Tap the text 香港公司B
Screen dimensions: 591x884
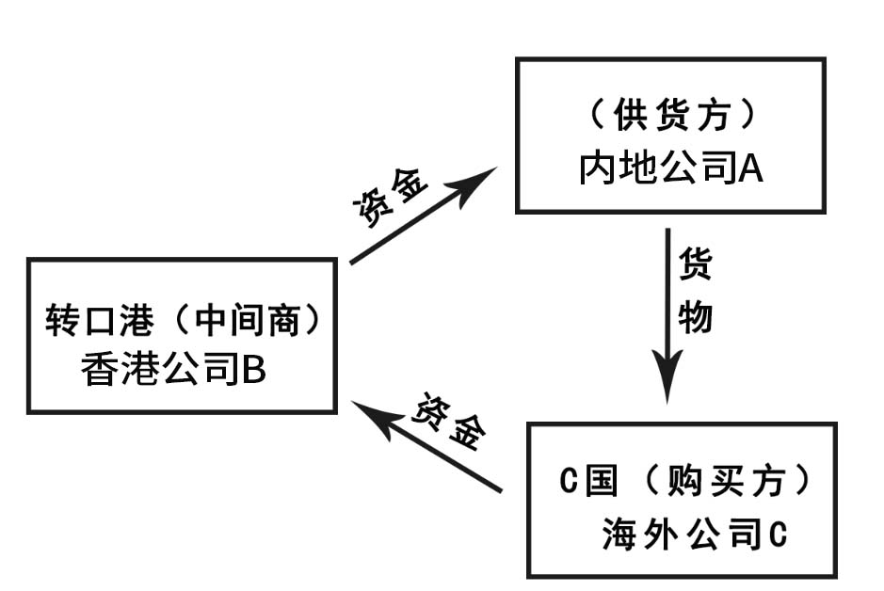click(x=174, y=370)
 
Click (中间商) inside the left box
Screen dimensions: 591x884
click(x=247, y=321)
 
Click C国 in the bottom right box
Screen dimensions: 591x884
click(x=589, y=481)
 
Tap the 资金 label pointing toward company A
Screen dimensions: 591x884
click(x=391, y=195)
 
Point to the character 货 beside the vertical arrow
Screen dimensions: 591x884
click(x=696, y=264)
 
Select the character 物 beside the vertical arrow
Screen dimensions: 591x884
click(x=696, y=317)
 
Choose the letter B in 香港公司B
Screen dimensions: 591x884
click(x=253, y=370)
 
